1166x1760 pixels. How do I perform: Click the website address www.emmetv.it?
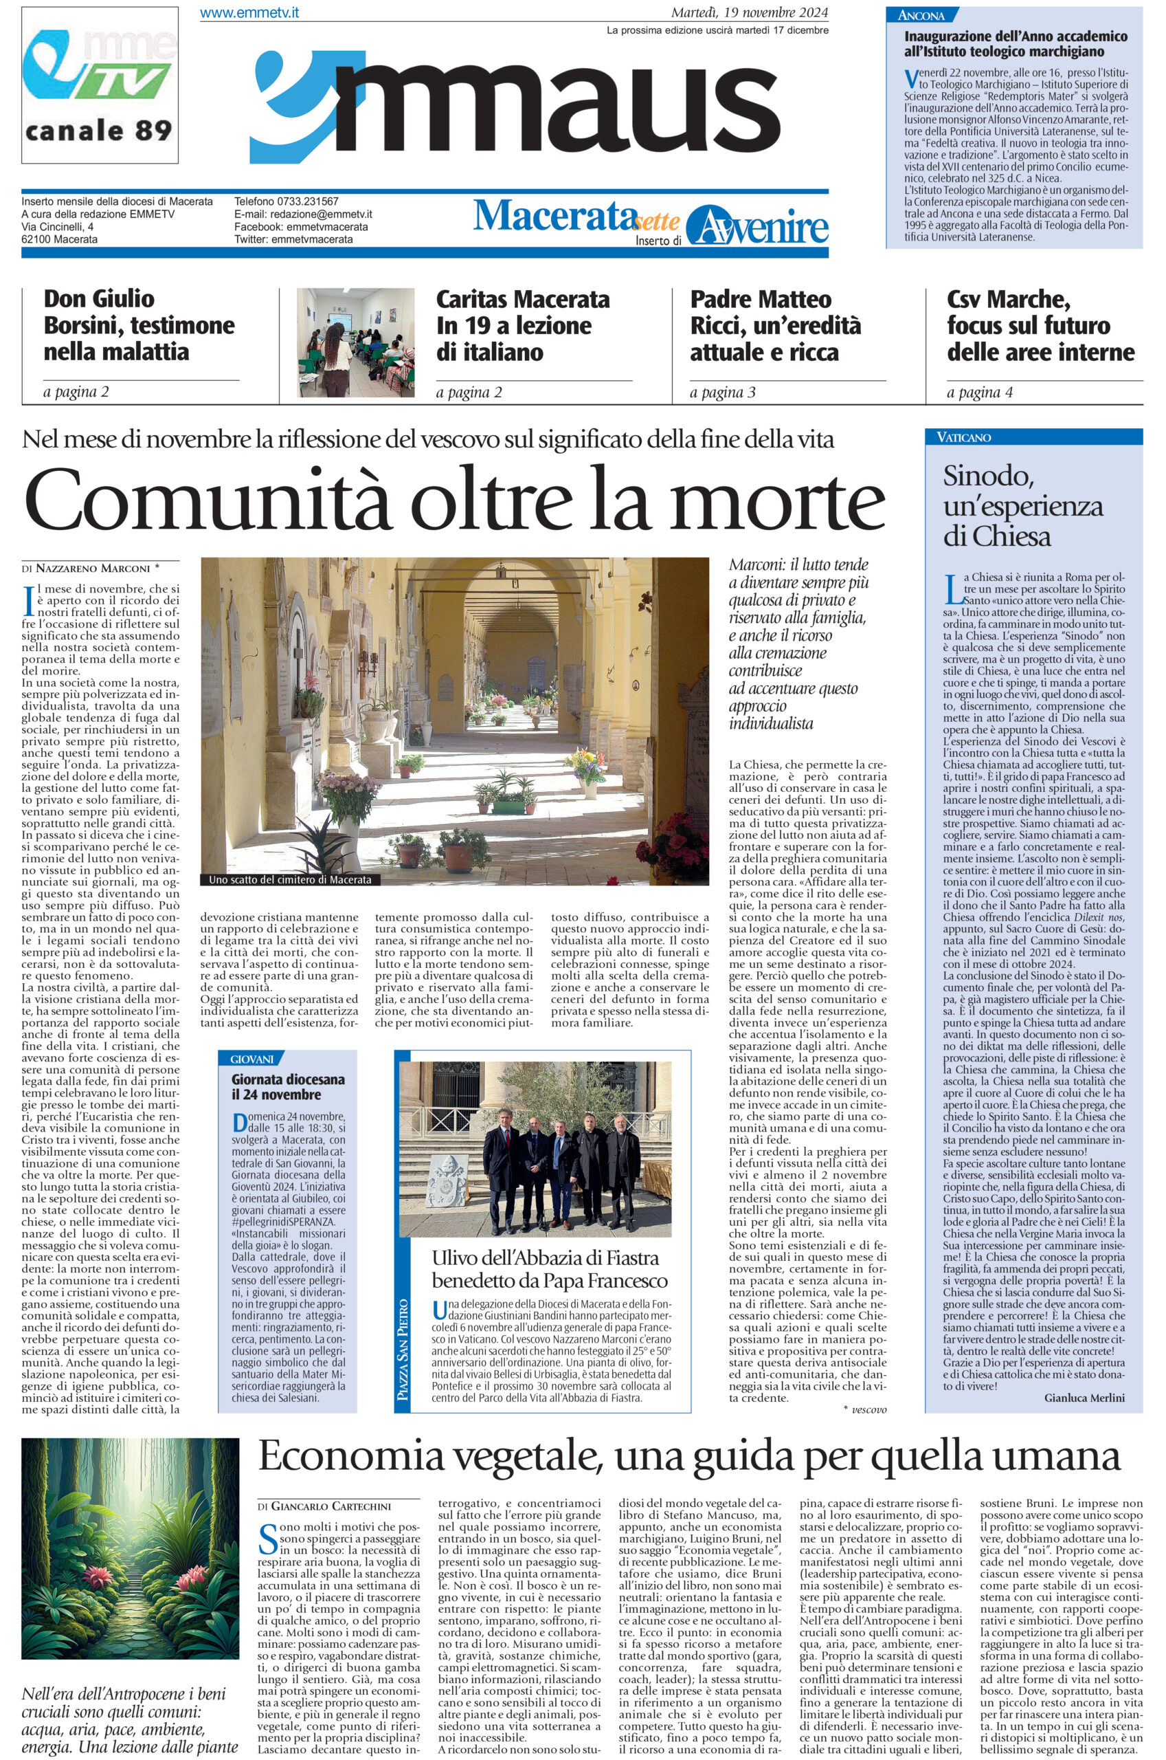click(250, 13)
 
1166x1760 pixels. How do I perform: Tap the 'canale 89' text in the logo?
click(99, 130)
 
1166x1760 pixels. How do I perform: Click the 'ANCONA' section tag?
click(921, 15)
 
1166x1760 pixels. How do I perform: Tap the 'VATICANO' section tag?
click(965, 437)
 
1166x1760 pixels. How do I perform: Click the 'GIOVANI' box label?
click(252, 1059)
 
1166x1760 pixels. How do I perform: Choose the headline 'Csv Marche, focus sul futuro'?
click(1040, 325)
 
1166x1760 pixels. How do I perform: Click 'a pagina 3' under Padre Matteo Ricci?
click(722, 393)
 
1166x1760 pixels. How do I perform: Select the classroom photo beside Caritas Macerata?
click(356, 342)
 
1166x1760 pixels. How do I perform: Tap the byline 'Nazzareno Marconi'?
click(93, 569)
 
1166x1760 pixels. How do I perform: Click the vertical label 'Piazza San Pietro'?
click(404, 1350)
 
